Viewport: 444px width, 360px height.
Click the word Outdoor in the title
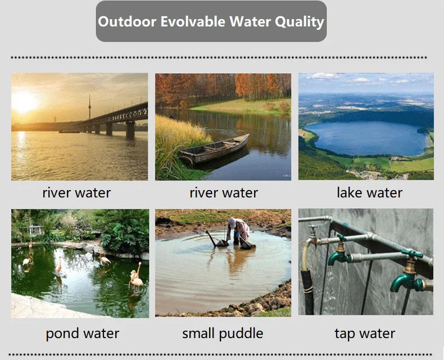coord(127,22)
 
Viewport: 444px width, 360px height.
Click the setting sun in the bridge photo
coord(24,101)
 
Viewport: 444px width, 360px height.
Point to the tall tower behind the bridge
coord(89,108)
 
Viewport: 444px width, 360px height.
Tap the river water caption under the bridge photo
coord(76,193)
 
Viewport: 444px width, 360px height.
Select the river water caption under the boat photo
coord(224,193)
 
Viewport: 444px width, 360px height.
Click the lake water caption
coord(369,193)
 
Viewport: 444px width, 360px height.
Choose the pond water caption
coord(83,334)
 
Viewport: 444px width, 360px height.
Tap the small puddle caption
coord(223,334)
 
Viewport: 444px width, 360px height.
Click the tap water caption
coord(365,334)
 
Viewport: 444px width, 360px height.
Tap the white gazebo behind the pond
coord(35,231)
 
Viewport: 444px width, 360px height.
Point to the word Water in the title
coord(249,22)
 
